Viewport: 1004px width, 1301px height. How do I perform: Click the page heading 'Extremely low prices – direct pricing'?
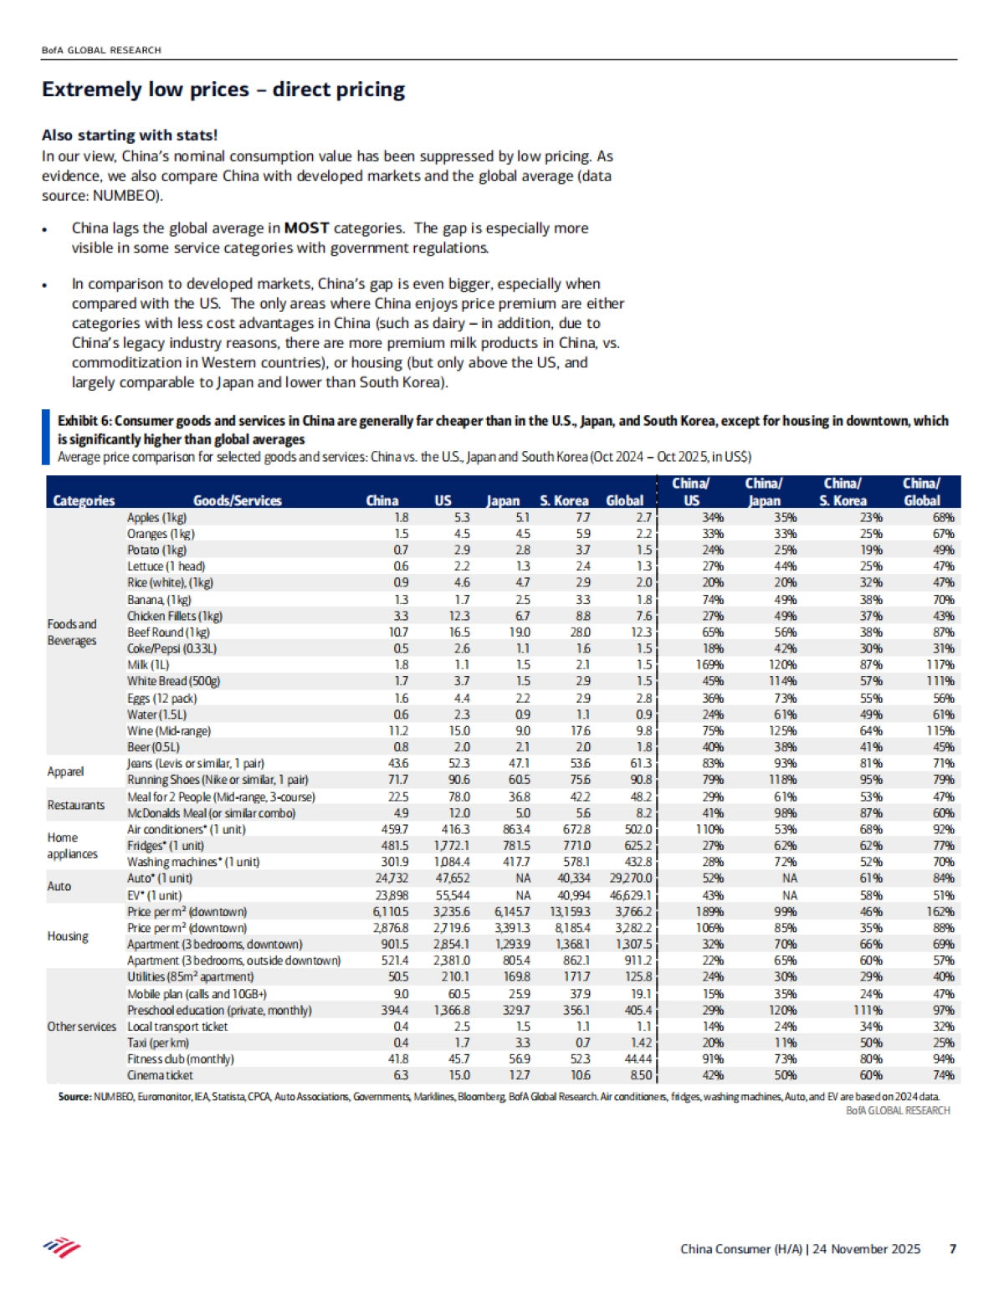click(x=223, y=90)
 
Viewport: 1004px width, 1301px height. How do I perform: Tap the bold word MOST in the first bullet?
click(x=306, y=228)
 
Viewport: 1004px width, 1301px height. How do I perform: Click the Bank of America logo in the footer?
click(x=62, y=1248)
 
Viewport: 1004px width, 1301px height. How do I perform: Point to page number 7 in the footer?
click(x=952, y=1248)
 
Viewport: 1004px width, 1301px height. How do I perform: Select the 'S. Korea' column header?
click(x=564, y=500)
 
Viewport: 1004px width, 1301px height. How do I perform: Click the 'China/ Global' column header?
click(x=921, y=492)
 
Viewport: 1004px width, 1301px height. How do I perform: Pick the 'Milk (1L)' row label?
click(x=148, y=664)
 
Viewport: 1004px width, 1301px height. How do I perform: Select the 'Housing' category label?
click(x=68, y=935)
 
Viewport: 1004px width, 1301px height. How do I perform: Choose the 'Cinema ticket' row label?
click(x=160, y=1075)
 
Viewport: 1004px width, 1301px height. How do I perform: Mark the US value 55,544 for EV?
click(x=453, y=894)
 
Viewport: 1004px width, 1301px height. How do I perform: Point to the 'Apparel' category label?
click(x=65, y=771)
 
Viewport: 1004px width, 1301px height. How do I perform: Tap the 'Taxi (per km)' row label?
click(x=158, y=1042)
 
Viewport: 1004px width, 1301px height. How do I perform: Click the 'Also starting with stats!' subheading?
click(x=130, y=135)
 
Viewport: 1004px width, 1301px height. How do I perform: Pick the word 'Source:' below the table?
click(x=74, y=1096)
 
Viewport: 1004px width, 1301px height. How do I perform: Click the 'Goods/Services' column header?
click(x=238, y=500)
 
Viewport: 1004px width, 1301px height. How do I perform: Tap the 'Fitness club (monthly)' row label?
click(x=181, y=1058)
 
